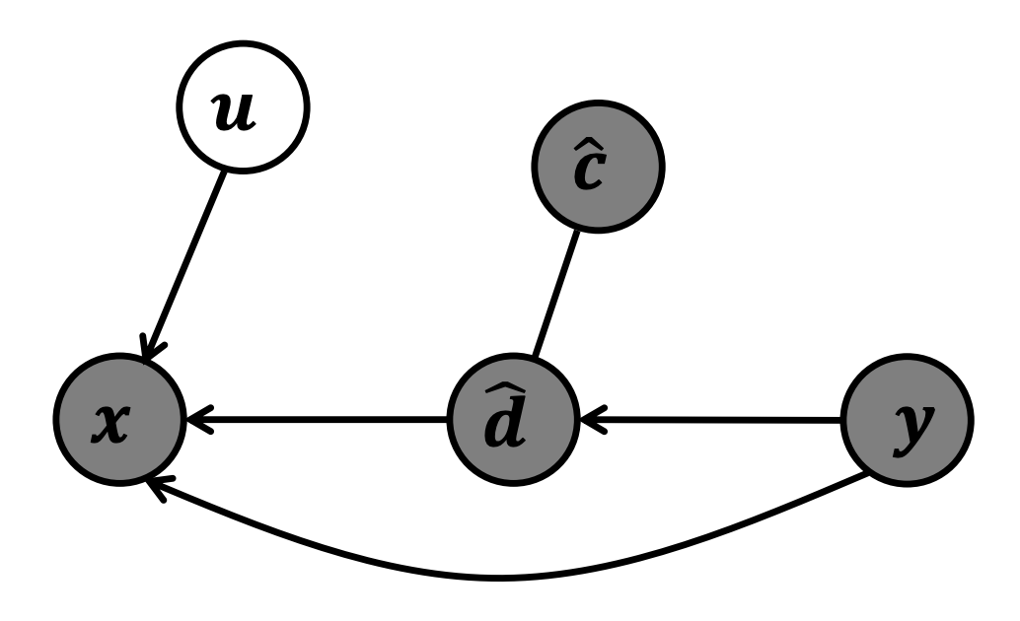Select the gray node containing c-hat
click(599, 168)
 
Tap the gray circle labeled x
click(119, 422)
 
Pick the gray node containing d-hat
click(514, 422)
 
